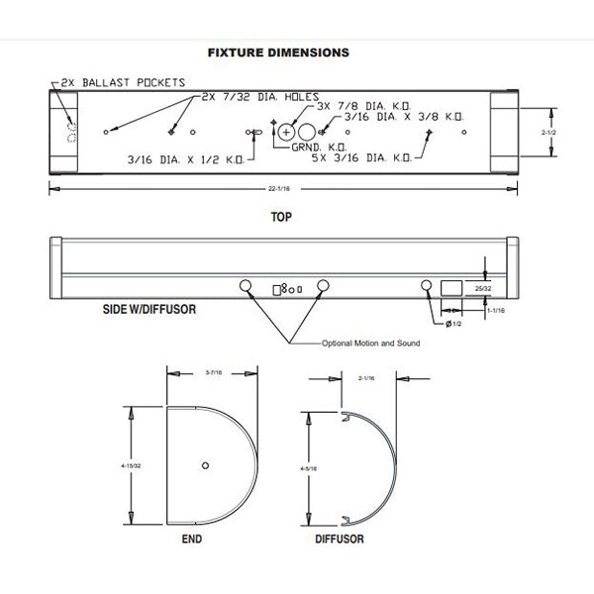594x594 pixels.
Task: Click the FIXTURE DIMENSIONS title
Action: pos(277,49)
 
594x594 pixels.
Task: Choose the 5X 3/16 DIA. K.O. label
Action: pos(361,157)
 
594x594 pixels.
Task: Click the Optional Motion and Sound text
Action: pos(370,343)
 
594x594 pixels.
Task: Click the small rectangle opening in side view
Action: pos(450,287)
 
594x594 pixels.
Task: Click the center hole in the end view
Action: pos(204,465)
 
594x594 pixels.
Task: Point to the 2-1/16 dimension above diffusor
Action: pos(367,376)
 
